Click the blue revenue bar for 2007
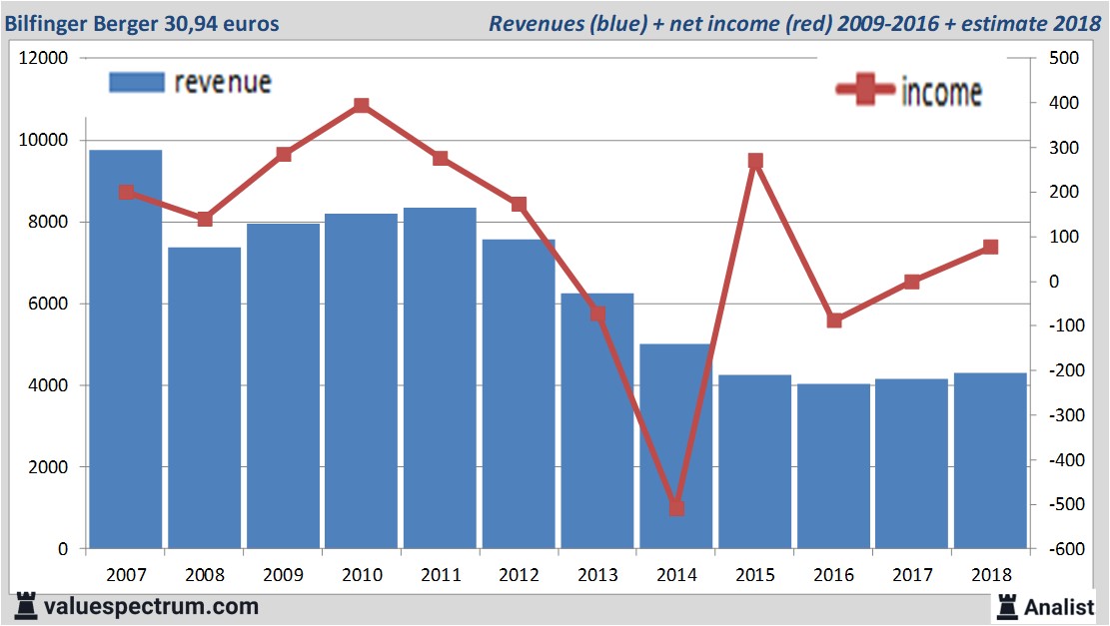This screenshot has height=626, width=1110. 126,349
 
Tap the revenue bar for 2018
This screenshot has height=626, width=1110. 990,460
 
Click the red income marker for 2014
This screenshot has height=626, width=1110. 675,508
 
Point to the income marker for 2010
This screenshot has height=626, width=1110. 362,105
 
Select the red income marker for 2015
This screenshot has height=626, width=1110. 755,161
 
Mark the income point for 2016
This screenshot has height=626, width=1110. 834,320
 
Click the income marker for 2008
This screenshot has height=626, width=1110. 204,219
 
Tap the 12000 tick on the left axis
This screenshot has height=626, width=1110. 44,58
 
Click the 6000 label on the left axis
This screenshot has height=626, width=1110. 48,304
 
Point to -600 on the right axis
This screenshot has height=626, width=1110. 1062,549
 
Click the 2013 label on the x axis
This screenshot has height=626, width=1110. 596,575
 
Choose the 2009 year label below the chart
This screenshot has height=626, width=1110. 283,575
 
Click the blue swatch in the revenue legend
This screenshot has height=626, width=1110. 136,82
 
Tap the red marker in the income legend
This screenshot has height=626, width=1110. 865,90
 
